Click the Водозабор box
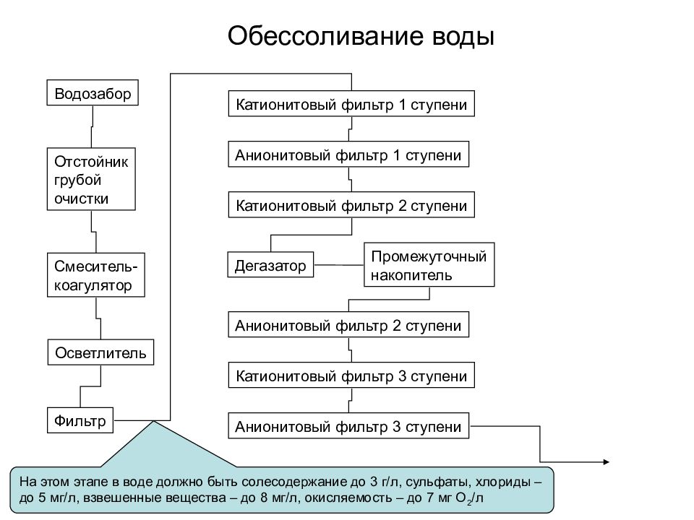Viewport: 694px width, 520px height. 93,92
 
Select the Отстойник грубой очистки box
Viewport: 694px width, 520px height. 91,179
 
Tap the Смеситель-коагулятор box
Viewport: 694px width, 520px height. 96,274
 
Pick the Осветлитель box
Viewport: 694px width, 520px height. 101,352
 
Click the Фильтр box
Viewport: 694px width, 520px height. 80,420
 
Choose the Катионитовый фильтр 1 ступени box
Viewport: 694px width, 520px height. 351,103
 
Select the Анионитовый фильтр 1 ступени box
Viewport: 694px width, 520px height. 348,155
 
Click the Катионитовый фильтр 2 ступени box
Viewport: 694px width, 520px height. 351,204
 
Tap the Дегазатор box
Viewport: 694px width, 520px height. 270,264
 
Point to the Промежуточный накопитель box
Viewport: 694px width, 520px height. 429,264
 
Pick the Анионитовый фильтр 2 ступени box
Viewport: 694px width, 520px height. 348,324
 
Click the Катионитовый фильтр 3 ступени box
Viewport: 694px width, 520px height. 351,375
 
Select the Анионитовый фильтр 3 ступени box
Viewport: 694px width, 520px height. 348,426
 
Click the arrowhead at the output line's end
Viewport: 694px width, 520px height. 607,462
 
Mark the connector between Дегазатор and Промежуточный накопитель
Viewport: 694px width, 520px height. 338,265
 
